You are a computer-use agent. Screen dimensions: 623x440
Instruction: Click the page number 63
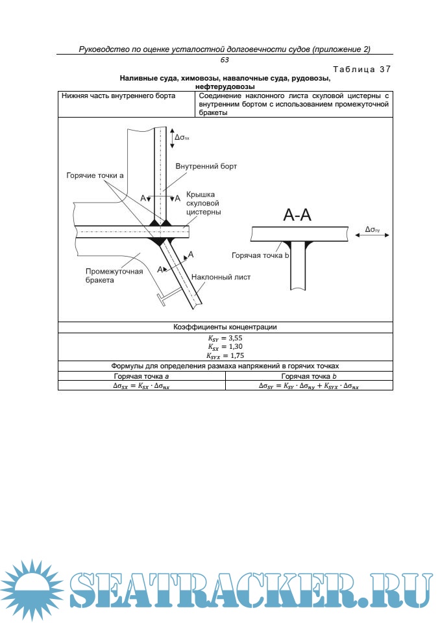tap(225, 60)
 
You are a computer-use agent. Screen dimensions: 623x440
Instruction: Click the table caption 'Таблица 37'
tap(362, 70)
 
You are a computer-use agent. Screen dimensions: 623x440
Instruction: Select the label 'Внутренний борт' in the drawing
tap(206, 166)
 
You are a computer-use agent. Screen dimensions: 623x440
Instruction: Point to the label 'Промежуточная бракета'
tap(114, 275)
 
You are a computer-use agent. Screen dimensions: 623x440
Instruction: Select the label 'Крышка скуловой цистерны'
tap(203, 203)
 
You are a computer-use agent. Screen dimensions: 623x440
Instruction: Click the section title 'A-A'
tap(297, 216)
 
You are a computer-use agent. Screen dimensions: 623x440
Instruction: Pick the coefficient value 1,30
tap(232, 346)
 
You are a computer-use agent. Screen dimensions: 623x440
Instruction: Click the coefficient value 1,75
tap(234, 355)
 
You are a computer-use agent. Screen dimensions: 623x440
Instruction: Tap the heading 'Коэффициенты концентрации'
tap(225, 327)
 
